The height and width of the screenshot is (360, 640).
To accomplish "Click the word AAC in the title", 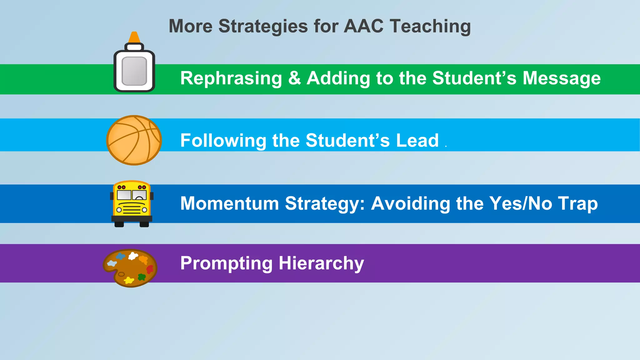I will click(363, 26).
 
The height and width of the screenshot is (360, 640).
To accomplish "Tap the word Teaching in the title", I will click(430, 27).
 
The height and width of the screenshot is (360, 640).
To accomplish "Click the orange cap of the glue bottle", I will click(134, 37).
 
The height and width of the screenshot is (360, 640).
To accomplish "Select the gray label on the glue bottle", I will click(134, 71).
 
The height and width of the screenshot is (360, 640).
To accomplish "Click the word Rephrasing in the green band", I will click(231, 78).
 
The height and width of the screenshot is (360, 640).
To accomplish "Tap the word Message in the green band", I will click(562, 78).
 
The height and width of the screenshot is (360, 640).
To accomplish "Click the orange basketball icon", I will click(134, 140).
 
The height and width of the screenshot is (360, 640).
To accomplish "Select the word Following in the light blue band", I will click(223, 141).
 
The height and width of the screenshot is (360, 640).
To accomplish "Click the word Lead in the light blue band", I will click(417, 140).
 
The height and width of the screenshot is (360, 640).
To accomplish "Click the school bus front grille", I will click(132, 209).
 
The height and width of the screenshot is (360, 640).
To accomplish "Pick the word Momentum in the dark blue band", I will click(230, 203).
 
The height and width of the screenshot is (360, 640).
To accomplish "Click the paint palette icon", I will click(130, 268).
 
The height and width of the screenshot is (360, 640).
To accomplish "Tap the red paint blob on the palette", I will click(150, 269).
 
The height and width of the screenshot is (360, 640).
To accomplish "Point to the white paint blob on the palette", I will click(133, 256).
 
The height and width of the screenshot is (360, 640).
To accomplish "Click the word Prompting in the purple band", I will click(226, 263).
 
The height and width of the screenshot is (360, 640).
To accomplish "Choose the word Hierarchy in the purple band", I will click(321, 263).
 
